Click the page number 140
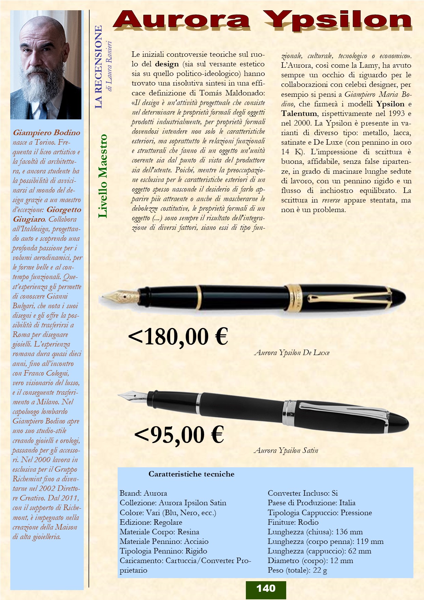click(x=266, y=588)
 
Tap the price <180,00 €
click(x=178, y=337)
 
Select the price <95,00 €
click(x=179, y=435)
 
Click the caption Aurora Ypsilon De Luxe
click(x=292, y=353)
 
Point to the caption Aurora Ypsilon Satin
click(x=286, y=451)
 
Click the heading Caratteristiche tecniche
click(x=191, y=474)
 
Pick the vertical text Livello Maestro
click(x=103, y=176)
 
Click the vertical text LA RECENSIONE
click(x=98, y=67)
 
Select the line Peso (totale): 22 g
click(x=297, y=570)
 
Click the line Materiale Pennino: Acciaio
click(x=164, y=542)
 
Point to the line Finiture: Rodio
click(x=293, y=522)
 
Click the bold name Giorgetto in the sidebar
click(x=64, y=210)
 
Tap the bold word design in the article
click(x=167, y=64)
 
